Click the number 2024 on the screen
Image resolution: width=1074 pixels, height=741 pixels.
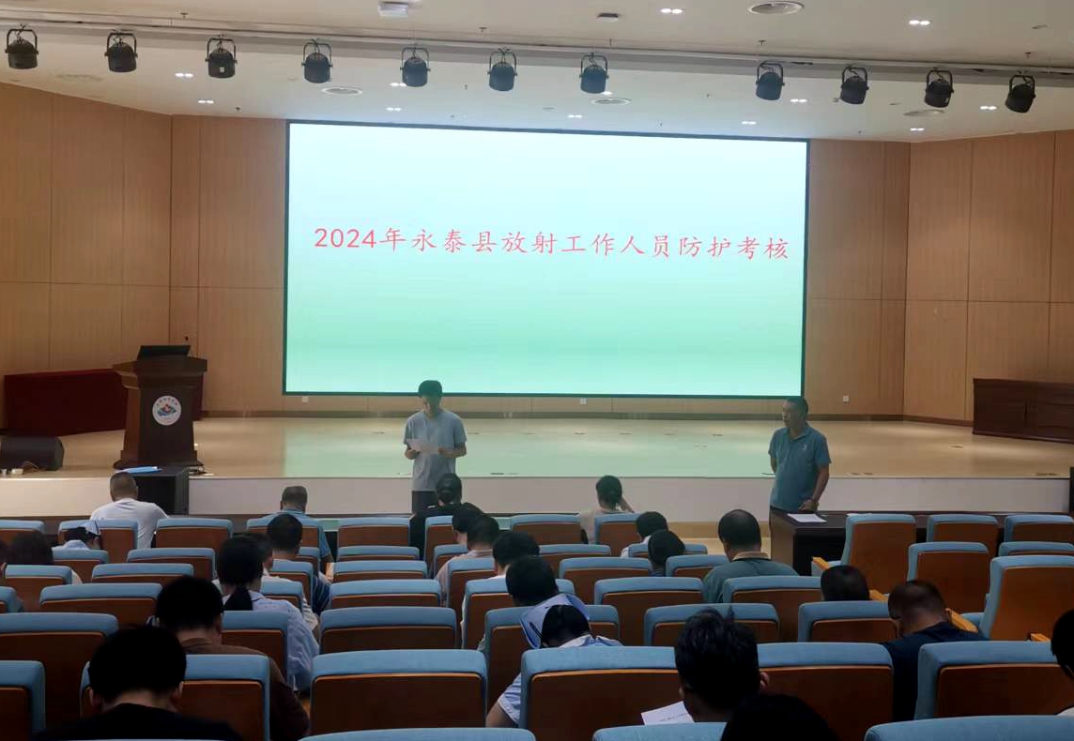point(345,238)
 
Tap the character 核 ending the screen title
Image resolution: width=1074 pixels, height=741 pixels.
point(777,249)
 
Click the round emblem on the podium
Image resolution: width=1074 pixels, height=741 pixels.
point(166,410)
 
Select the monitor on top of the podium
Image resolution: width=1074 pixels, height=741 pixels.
point(163,352)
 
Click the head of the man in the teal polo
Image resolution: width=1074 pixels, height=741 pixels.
point(796,411)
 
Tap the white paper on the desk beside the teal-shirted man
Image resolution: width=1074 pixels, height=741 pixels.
point(806,518)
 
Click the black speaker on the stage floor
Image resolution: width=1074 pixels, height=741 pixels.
point(32,453)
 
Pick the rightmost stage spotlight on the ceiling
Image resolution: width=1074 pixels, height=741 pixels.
point(1020,92)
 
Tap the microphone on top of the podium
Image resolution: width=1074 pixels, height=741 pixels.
point(186,343)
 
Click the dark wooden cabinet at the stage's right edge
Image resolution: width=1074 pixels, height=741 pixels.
point(1023,410)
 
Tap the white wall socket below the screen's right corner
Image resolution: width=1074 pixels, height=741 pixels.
point(845,399)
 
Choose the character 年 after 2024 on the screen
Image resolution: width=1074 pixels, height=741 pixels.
point(392,239)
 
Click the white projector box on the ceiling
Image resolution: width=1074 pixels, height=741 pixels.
point(394,8)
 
